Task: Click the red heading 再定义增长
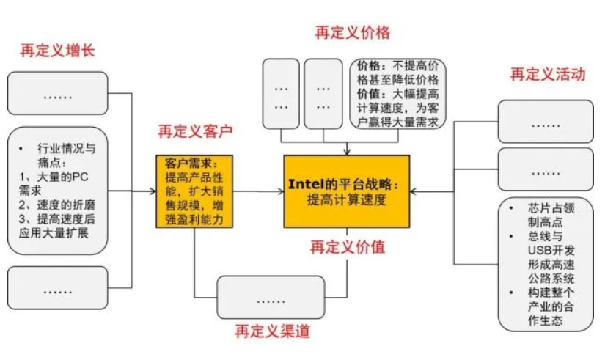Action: [x=57, y=51]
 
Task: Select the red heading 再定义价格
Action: [x=352, y=33]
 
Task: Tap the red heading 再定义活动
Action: [x=548, y=74]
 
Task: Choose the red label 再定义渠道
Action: [x=273, y=331]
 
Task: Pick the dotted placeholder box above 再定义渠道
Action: [x=271, y=297]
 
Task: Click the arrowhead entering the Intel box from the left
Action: [x=280, y=191]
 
